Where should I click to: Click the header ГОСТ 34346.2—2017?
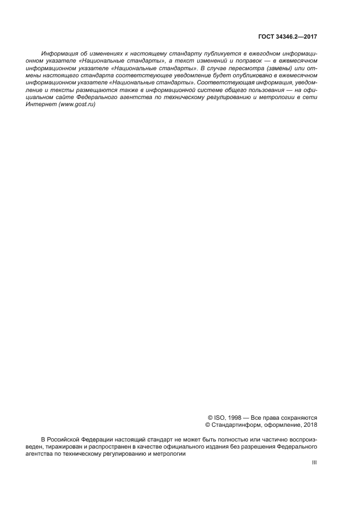point(288,37)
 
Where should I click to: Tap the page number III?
point(314,463)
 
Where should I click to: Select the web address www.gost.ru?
point(78,104)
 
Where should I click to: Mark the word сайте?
point(64,97)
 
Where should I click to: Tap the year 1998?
point(231,418)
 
